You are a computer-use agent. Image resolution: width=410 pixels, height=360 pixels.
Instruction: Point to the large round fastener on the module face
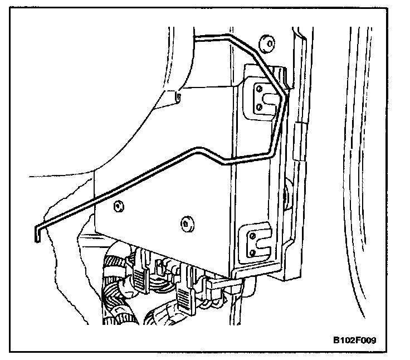(186, 223)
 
